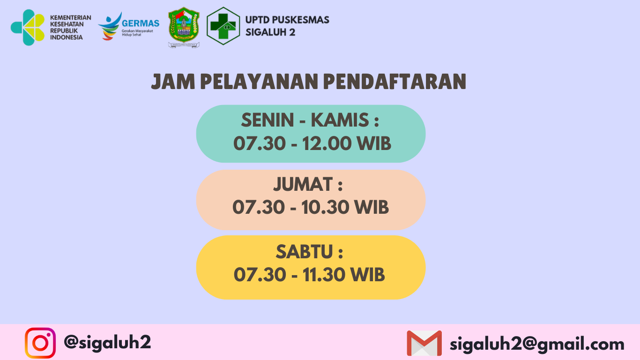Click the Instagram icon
(40, 343)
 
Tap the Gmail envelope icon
(424, 343)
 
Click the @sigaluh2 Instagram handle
(107, 342)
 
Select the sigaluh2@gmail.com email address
(537, 344)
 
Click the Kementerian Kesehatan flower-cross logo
(28, 28)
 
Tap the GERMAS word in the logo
(140, 23)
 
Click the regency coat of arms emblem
(184, 28)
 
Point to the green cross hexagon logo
(223, 26)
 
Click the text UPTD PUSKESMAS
(287, 20)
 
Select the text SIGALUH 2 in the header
(270, 32)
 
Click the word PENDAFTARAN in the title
(394, 82)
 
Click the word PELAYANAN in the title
(259, 82)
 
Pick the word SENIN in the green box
(268, 120)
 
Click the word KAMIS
(340, 120)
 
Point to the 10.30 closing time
(325, 207)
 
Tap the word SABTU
(304, 252)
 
